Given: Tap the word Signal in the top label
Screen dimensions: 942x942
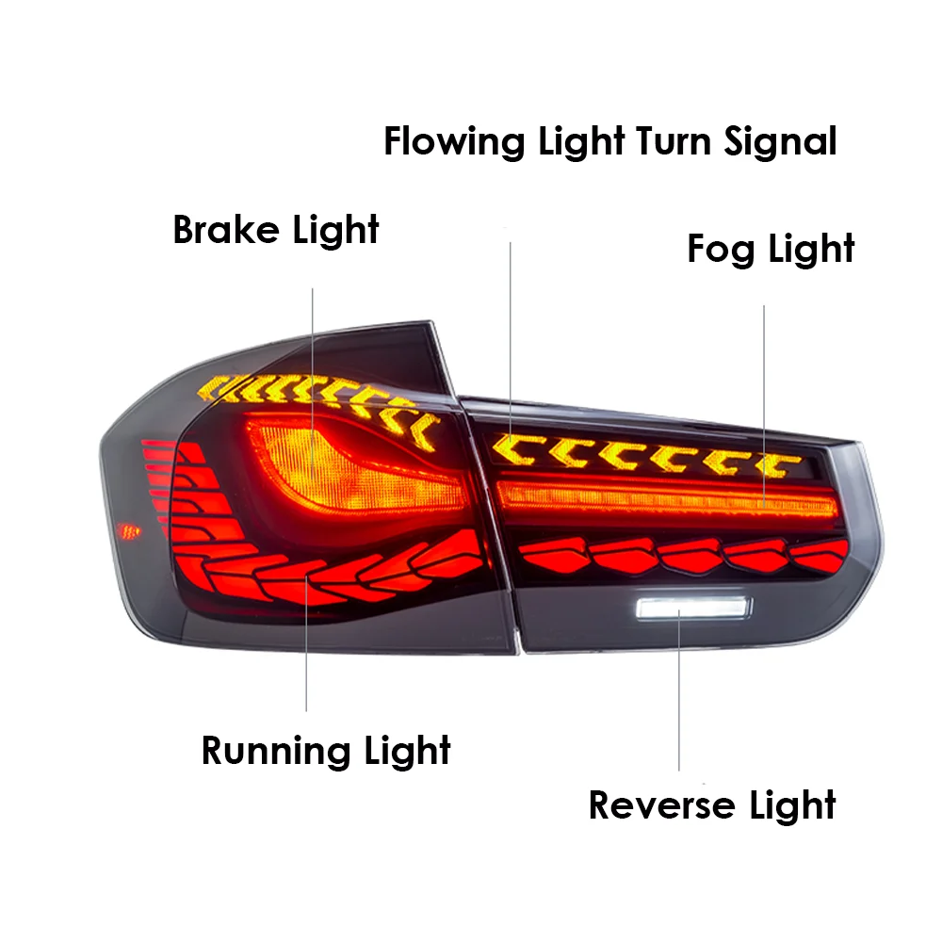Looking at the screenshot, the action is pyautogui.click(x=780, y=142).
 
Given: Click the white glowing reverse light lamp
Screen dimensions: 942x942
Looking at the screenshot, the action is pyautogui.click(x=690, y=609).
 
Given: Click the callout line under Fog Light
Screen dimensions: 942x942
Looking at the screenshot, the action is pyautogui.click(x=763, y=396).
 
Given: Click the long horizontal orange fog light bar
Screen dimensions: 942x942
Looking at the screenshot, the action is pyautogui.click(x=659, y=497).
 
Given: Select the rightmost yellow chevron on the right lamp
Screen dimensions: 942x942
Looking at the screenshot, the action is pyautogui.click(x=777, y=463).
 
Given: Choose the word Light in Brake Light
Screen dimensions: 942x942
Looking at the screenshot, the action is pyautogui.click(x=335, y=229).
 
